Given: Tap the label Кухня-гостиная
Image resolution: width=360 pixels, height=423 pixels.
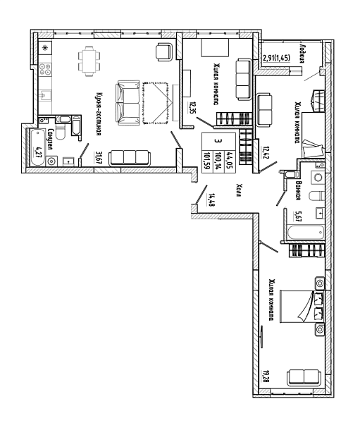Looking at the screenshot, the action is (99, 114).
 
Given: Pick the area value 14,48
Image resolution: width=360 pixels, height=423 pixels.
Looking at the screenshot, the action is (211, 200).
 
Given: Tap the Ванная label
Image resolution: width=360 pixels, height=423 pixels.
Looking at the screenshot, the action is (298, 190).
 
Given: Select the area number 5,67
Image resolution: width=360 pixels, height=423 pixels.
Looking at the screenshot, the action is (298, 216).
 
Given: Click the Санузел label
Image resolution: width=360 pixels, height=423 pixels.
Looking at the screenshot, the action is (50, 139).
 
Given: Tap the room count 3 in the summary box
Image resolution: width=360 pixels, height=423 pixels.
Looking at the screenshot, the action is (219, 141).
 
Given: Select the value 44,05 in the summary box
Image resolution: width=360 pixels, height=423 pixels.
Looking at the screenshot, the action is (230, 160).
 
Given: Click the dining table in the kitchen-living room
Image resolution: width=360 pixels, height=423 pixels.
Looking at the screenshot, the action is (89, 61).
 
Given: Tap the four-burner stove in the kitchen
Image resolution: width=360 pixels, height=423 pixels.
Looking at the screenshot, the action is (45, 69).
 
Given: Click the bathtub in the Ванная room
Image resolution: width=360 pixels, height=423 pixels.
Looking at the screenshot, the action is (306, 233).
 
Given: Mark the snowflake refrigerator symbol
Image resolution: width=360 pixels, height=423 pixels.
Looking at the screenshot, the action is (45, 48).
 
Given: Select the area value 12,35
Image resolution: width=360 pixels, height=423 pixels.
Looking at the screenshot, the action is (192, 108).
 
